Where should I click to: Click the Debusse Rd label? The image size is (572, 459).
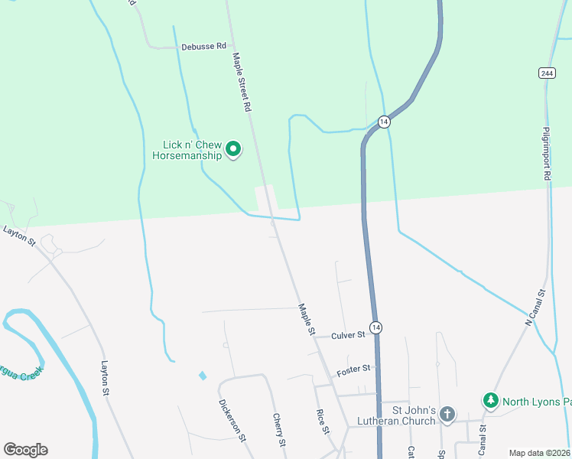pyautogui.click(x=204, y=47)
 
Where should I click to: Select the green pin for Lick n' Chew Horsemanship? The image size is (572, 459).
pyautogui.click(x=234, y=148)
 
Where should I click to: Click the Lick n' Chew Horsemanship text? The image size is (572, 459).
pyautogui.click(x=187, y=149)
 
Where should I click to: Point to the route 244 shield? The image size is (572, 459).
pyautogui.click(x=546, y=73)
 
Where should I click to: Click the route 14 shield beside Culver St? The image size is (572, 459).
pyautogui.click(x=375, y=327)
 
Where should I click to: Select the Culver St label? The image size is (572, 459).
pyautogui.click(x=348, y=334)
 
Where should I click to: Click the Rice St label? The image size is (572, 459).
pyautogui.click(x=323, y=422)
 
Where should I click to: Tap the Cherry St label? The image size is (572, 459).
pyautogui.click(x=279, y=430)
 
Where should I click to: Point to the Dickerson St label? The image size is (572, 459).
pyautogui.click(x=231, y=420)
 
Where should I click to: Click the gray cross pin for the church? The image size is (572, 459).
pyautogui.click(x=447, y=415)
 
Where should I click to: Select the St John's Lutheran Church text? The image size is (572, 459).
pyautogui.click(x=409, y=415)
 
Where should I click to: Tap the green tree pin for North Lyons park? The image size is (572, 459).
pyautogui.click(x=490, y=400)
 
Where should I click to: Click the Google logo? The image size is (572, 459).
pyautogui.click(x=25, y=450)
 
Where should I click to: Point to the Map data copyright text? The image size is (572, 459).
pyautogui.click(x=539, y=453)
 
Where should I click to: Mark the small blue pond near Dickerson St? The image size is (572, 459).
pyautogui.click(x=202, y=376)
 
